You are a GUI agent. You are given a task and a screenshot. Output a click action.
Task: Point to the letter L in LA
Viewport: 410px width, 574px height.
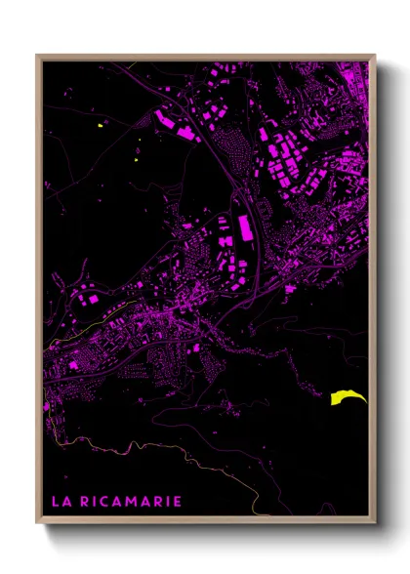coord(55,502)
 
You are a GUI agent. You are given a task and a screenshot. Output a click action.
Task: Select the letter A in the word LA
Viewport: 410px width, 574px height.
coord(65,502)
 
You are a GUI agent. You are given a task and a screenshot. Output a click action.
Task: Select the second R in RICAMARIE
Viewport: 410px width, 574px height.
coord(158,502)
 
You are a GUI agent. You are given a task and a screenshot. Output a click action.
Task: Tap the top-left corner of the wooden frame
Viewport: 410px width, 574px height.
coord(37,56)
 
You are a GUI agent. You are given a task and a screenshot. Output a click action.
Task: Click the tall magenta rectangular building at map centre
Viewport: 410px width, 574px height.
coord(244,226)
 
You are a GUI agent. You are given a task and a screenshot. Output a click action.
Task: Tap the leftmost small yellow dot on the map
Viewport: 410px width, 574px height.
coord(101,126)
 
